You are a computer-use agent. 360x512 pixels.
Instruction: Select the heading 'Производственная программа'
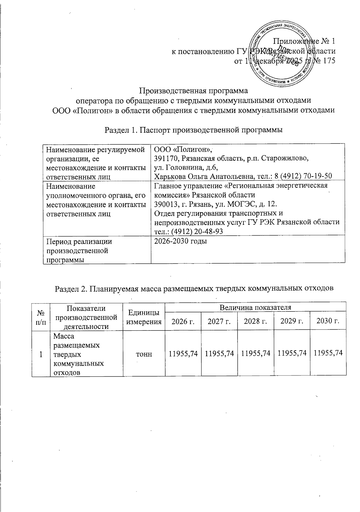point(194,90)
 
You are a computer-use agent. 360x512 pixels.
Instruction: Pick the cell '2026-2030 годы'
point(181,241)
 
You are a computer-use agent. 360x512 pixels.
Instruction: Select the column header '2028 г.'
point(255,321)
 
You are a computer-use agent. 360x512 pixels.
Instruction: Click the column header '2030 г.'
point(328,321)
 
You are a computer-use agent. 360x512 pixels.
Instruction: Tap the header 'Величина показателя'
point(255,307)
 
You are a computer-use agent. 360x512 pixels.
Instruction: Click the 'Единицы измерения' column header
point(144,317)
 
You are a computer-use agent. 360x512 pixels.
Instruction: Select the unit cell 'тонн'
point(144,354)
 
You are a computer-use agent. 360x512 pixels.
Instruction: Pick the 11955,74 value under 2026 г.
point(183,354)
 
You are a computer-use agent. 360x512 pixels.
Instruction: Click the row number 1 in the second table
point(40,354)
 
